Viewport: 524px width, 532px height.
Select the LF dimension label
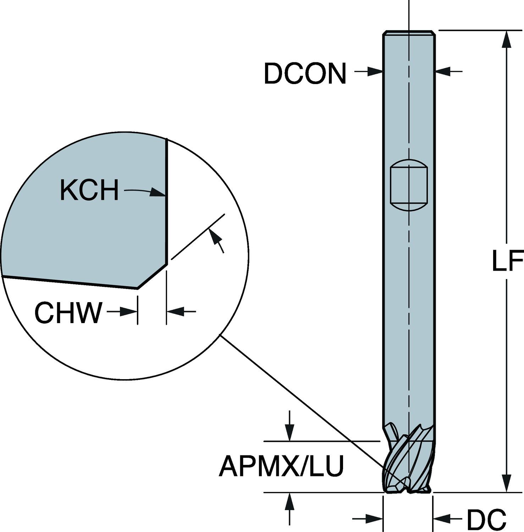(x=508, y=261)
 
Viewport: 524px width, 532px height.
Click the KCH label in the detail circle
(x=89, y=190)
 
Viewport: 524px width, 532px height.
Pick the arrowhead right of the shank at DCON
(x=442, y=72)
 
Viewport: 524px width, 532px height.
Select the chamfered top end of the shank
(x=409, y=33)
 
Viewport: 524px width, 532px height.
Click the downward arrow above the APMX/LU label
(x=290, y=433)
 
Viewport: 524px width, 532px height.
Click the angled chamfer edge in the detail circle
(x=152, y=276)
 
